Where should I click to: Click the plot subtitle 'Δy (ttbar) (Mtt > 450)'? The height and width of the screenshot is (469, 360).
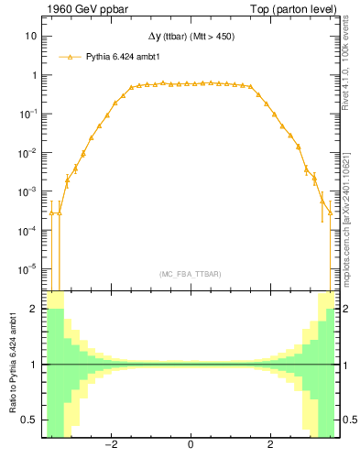[190, 39]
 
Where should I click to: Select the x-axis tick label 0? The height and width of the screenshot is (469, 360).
[190, 445]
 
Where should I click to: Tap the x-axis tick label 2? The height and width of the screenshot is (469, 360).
[270, 445]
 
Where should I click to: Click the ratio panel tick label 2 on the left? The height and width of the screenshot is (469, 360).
[33, 310]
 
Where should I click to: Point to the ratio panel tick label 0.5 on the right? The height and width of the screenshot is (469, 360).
[347, 420]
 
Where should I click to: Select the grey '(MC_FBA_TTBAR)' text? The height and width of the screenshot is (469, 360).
[190, 274]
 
